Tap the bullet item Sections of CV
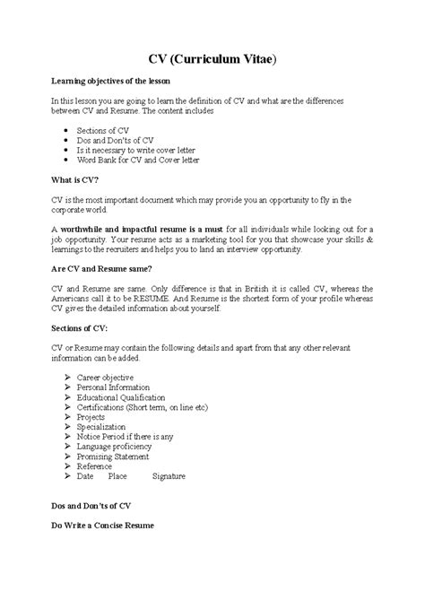coord(102,130)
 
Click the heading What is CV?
coord(73,179)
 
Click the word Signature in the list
coord(169,476)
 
